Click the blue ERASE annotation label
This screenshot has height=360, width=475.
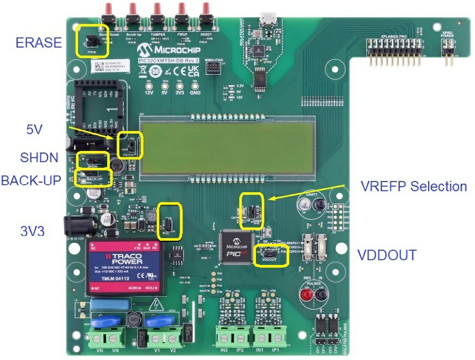(39, 42)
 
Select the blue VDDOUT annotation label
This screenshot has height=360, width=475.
(387, 255)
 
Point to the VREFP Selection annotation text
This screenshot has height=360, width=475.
(414, 186)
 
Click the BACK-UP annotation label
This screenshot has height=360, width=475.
(31, 180)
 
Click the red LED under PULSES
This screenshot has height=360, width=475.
(306, 295)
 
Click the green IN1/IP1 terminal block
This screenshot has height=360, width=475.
(269, 336)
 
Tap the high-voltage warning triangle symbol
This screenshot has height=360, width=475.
(157, 305)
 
